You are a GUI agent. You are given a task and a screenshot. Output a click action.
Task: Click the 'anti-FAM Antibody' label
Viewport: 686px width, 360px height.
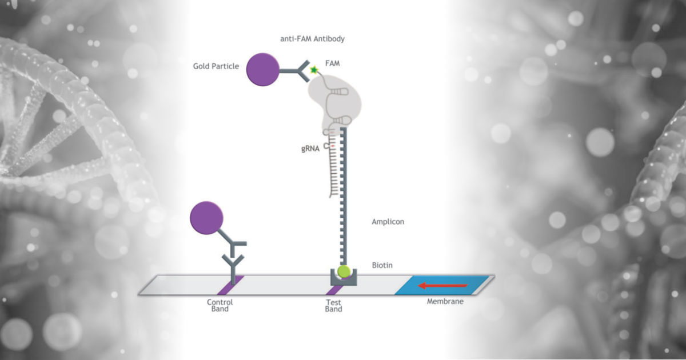pyautogui.click(x=312, y=39)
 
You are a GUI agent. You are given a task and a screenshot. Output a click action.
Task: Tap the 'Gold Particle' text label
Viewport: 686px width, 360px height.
pyautogui.click(x=216, y=66)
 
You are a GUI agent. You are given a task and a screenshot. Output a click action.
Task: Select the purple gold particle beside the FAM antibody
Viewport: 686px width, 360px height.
pyautogui.click(x=263, y=70)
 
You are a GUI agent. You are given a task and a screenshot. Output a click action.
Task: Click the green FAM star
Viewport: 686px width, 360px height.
pyautogui.click(x=314, y=70)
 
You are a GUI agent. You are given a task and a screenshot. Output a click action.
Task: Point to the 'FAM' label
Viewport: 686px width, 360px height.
pyautogui.click(x=333, y=63)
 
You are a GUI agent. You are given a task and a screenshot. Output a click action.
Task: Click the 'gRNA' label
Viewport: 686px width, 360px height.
pyautogui.click(x=310, y=149)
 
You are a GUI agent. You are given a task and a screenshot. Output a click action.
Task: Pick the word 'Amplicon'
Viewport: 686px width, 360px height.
pyautogui.click(x=388, y=222)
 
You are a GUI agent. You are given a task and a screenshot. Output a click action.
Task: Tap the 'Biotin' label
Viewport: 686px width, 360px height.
pyautogui.click(x=382, y=265)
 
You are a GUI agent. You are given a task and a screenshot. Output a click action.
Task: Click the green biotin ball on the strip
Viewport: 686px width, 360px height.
pyautogui.click(x=344, y=271)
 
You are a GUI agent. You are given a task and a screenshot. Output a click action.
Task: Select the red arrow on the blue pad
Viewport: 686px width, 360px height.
pyautogui.click(x=443, y=286)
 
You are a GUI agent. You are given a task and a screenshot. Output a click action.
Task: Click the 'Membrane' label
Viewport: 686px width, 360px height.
pyautogui.click(x=445, y=302)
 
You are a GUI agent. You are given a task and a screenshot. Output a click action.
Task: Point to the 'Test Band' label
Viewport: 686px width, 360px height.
pyautogui.click(x=333, y=306)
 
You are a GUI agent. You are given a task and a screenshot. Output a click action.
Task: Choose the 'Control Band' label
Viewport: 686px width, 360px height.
pyautogui.click(x=220, y=306)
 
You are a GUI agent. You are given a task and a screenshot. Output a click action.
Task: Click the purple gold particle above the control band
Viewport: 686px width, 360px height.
pyautogui.click(x=206, y=218)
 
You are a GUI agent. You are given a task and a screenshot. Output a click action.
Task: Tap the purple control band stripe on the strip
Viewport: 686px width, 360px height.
pyautogui.click(x=230, y=285)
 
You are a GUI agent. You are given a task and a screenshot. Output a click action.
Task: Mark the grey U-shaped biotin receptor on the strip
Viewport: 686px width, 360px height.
pyautogui.click(x=344, y=278)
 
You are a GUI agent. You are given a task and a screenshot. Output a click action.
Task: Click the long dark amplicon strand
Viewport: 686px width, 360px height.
pyautogui.click(x=344, y=196)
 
